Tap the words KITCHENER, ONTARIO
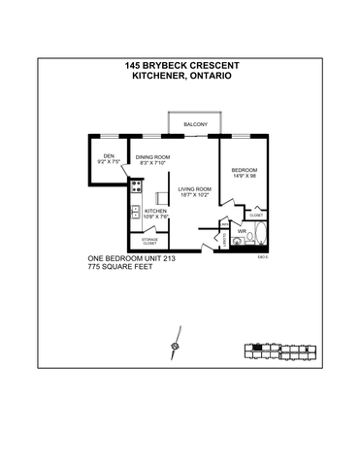coord(181,76)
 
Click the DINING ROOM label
coord(152,157)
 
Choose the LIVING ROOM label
coord(194,189)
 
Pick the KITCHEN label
coord(156,211)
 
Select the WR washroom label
coord(242,230)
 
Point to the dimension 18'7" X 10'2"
coord(194,196)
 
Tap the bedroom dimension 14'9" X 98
coord(243,177)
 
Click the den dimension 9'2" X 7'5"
coord(109,163)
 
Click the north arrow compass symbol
coord(175,344)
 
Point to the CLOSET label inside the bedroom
coord(256,216)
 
